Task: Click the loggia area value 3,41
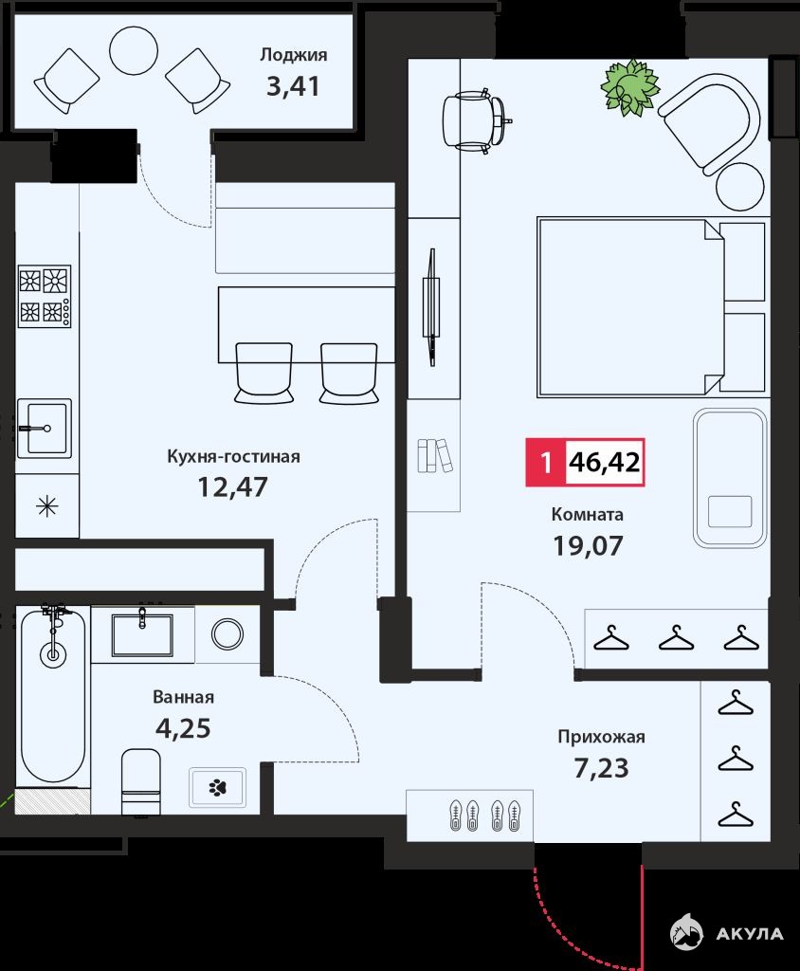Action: coord(293,86)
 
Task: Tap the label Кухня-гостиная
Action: coord(233,456)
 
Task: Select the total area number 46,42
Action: coord(605,462)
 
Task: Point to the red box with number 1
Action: coord(546,462)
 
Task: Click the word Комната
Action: coord(587,514)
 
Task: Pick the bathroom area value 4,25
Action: coord(183,728)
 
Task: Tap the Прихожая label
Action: coord(601,737)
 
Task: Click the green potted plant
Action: coord(629,88)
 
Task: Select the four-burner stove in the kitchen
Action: coord(45,297)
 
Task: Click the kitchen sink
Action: coord(44,429)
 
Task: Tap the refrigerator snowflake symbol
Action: coord(47,507)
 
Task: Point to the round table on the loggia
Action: coord(134,51)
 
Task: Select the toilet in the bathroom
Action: coord(140,781)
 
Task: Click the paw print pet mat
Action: coord(217,787)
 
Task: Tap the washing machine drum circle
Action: coord(227,634)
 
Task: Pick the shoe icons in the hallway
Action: coord(484,815)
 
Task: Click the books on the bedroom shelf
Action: coord(435,456)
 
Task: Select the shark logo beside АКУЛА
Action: coord(686,933)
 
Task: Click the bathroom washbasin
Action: coord(142,634)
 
